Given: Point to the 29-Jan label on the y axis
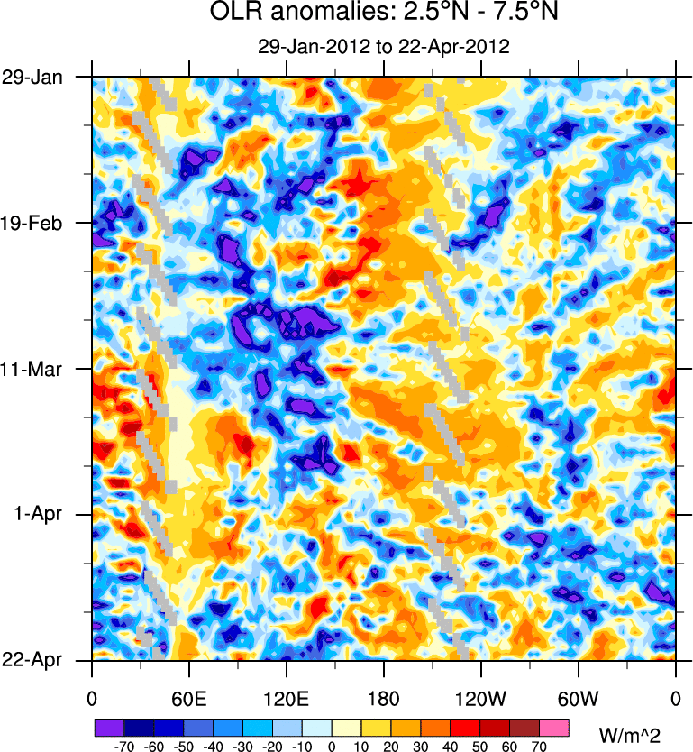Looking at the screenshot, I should click(x=32, y=77).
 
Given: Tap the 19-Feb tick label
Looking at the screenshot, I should click(x=32, y=223).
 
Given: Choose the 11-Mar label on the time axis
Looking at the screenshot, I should click(x=32, y=369).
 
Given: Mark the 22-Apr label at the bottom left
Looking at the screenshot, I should click(x=32, y=660).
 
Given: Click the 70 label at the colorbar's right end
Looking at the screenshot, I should click(x=540, y=747).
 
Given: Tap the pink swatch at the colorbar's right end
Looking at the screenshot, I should click(x=554, y=728).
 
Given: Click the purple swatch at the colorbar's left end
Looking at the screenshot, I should click(x=109, y=728).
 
